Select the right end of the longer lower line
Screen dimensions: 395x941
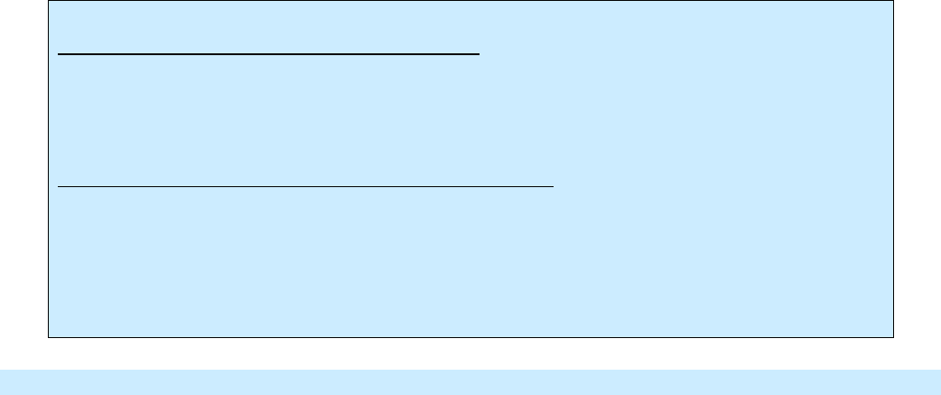point(553,186)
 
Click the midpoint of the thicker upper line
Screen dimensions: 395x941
point(268,54)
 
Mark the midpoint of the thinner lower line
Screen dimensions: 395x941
point(305,186)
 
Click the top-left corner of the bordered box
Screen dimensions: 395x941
point(48,1)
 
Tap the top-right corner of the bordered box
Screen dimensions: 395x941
point(893,1)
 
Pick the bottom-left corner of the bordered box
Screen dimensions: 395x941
point(48,338)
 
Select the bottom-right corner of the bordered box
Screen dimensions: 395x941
point(893,338)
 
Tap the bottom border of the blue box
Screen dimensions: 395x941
point(470,338)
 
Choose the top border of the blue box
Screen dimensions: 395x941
point(470,1)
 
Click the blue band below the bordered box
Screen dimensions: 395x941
point(470,381)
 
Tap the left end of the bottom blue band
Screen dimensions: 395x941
point(3,381)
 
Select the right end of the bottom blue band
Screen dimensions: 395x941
point(937,381)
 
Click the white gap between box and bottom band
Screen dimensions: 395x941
point(470,353)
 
